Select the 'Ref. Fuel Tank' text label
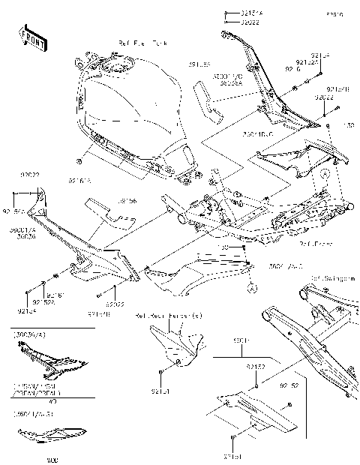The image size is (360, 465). pyautogui.click(x=138, y=44)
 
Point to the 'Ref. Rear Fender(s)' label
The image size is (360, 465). pyautogui.click(x=169, y=316)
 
